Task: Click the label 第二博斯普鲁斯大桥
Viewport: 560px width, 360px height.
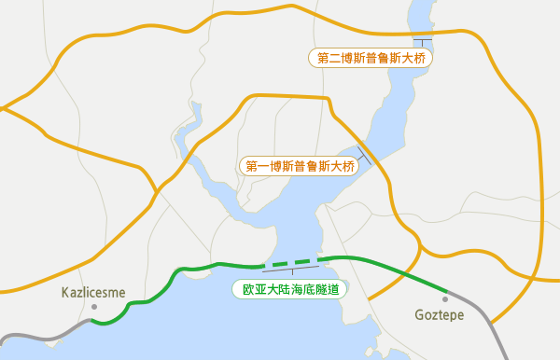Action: coord(371,58)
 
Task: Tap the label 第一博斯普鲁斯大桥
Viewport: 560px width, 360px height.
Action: coord(299,167)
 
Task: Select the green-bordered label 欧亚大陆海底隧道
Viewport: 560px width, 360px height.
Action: coord(289,290)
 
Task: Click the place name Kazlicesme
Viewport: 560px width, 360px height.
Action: coord(93,292)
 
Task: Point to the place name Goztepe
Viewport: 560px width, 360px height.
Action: coord(440,315)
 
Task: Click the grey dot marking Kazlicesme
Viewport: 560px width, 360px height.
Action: coord(93,306)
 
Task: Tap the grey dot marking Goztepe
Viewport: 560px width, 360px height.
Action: coord(446,298)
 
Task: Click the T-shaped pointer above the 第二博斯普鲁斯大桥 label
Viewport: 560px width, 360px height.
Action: coord(423,43)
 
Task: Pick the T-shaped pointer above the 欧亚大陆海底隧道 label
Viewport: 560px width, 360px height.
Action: coord(293,272)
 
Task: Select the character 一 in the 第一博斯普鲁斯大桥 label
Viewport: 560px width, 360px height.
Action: coord(264,167)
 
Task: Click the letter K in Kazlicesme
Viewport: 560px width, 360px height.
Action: coord(65,292)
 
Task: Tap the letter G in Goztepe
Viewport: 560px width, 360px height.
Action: coord(420,315)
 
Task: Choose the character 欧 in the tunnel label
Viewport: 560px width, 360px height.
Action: coord(248,290)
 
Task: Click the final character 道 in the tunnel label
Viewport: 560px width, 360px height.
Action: coord(331,290)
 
